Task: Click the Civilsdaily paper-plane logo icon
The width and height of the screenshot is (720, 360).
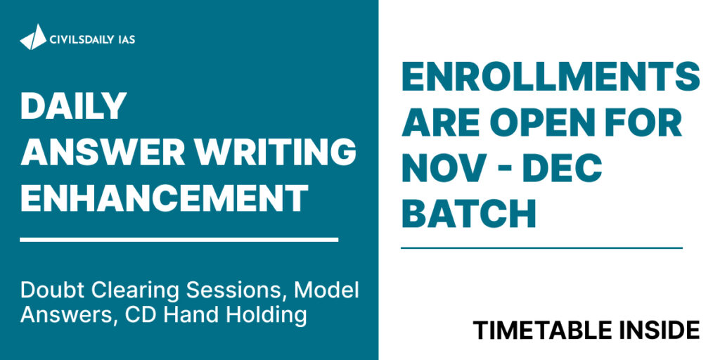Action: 33,37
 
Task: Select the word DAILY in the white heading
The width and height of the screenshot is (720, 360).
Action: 73,105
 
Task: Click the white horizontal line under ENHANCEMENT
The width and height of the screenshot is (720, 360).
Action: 179,240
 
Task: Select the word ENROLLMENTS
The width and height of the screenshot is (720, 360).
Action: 551,77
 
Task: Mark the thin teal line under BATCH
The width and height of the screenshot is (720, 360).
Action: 542,248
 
